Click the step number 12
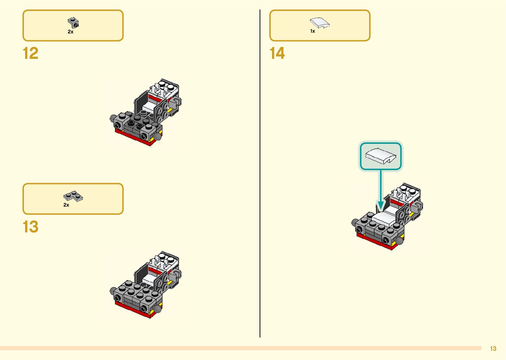[x=30, y=54]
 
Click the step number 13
[x=30, y=227]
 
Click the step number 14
[x=277, y=54]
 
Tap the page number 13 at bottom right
[x=493, y=348]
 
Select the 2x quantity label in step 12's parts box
[x=70, y=32]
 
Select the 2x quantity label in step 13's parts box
[x=66, y=205]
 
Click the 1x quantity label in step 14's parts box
[x=313, y=31]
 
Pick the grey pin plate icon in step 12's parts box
[x=73, y=23]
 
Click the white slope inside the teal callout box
[x=380, y=156]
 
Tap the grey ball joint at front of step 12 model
[x=157, y=136]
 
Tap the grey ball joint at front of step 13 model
[x=157, y=309]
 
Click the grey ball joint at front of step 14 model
[x=400, y=241]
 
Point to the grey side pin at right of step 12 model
[x=177, y=101]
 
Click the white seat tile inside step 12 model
[x=149, y=106]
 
